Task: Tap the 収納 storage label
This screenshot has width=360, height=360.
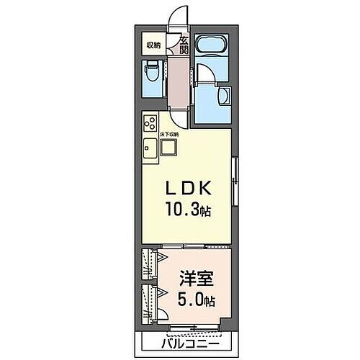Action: [x=153, y=45]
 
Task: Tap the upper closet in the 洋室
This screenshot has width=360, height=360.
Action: [x=150, y=264]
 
